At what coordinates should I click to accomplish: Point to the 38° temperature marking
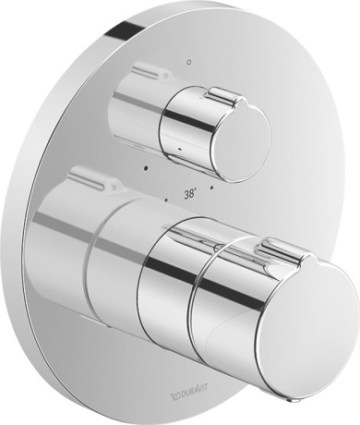190,194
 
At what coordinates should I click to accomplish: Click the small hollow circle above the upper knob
189,62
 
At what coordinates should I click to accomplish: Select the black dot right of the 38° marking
211,188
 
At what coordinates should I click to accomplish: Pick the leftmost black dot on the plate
146,168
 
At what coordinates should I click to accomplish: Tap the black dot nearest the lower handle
166,200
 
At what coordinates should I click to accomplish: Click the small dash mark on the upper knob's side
180,151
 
